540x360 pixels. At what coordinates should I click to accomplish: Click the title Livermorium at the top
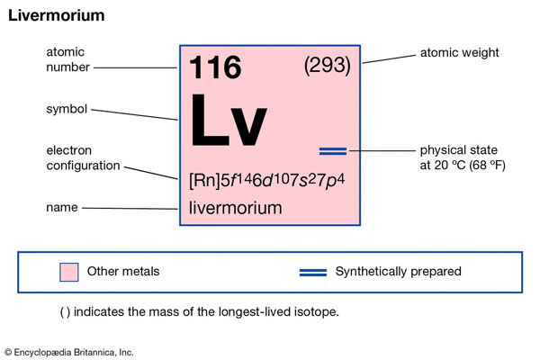56,16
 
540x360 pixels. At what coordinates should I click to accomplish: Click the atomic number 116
214,68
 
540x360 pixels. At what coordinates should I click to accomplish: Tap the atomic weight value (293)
327,67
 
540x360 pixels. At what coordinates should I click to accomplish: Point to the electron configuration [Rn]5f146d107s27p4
267,179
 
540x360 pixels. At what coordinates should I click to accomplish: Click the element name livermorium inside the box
235,208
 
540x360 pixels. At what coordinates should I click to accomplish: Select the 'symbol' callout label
67,110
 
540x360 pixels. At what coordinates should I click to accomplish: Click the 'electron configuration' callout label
83,157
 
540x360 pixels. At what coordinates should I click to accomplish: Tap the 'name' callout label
61,208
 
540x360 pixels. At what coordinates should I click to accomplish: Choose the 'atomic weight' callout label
459,53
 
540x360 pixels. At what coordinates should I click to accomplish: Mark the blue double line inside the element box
332,150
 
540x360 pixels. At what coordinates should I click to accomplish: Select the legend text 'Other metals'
123,271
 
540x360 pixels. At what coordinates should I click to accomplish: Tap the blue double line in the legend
312,272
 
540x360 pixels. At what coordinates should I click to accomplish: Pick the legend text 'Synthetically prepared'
398,271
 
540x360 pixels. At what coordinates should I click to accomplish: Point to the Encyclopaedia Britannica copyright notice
68,352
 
